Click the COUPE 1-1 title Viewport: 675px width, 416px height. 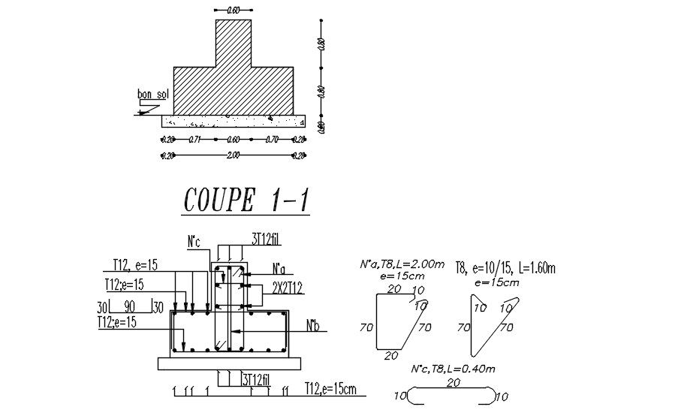click(247, 201)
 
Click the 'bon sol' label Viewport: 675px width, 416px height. click(151, 95)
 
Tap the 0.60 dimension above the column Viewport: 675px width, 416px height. click(233, 10)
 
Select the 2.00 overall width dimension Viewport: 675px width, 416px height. click(233, 155)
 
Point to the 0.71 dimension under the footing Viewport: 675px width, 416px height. click(194, 140)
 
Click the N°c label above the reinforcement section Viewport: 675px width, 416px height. click(194, 242)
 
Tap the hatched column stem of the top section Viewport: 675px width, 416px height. click(233, 44)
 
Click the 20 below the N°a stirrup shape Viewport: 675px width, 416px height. click(390, 356)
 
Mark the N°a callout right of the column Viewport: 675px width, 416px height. click(279, 269)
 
